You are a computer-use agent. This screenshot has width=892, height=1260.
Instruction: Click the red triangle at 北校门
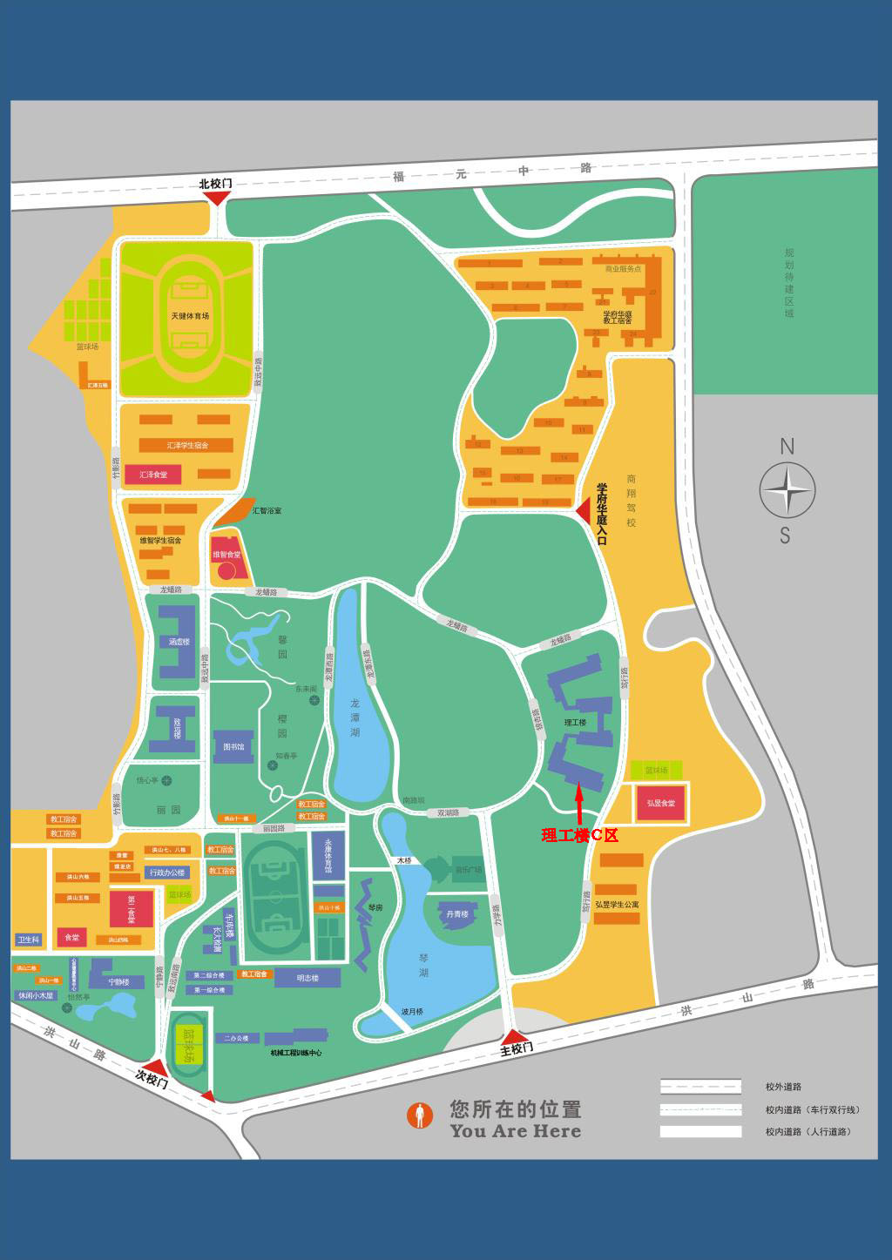click(x=216, y=199)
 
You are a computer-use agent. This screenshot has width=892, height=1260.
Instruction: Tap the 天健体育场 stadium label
click(x=190, y=316)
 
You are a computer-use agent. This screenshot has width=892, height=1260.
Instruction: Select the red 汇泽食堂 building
click(x=153, y=475)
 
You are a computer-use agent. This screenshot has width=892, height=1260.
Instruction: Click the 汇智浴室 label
click(x=267, y=510)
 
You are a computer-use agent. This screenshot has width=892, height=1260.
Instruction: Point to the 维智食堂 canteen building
click(x=227, y=557)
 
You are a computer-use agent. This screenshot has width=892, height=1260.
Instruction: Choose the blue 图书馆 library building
click(x=233, y=746)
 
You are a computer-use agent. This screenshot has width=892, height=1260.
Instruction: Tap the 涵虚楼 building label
click(x=179, y=642)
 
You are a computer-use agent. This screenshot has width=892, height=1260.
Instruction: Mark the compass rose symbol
click(x=787, y=491)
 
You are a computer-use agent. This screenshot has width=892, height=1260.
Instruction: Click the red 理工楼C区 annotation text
click(x=579, y=835)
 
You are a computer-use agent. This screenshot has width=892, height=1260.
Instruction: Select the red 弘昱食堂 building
click(x=660, y=803)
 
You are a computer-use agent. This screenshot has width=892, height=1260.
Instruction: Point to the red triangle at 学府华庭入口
click(x=584, y=509)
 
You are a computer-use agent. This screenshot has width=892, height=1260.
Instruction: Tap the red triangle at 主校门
click(x=514, y=1036)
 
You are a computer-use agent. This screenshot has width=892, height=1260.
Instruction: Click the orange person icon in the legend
click(x=420, y=1115)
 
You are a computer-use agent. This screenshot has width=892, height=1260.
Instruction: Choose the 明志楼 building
click(x=307, y=978)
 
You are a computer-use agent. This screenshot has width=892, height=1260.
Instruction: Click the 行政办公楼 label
click(x=167, y=873)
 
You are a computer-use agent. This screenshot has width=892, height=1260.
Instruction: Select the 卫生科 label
click(x=29, y=940)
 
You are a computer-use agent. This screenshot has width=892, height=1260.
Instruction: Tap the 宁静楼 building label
click(x=118, y=982)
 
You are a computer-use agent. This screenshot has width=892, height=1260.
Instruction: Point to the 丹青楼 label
click(x=457, y=914)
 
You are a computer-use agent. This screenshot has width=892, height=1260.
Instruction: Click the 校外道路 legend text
click(x=783, y=1087)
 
